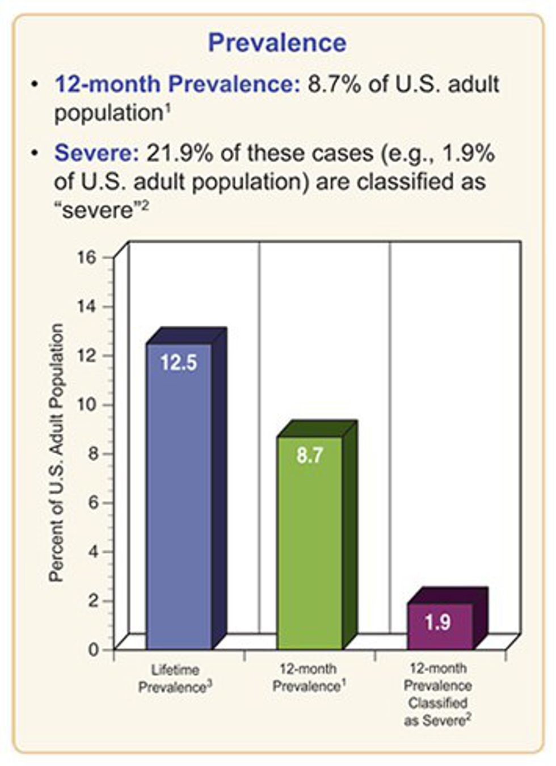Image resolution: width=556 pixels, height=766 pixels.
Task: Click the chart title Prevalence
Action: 277,43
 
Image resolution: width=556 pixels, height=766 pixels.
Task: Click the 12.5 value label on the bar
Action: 179,363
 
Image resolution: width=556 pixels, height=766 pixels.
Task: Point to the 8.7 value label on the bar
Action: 310,455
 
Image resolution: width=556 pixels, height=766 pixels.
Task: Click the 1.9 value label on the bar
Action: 438,622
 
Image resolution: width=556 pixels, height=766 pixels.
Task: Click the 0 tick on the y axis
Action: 93,649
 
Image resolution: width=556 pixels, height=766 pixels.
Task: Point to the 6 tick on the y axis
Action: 93,503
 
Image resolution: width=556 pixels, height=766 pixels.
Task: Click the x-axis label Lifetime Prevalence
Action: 175,679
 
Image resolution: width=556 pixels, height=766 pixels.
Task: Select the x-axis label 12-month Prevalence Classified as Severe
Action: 437,695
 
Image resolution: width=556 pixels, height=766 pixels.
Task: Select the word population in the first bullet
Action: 108,113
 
